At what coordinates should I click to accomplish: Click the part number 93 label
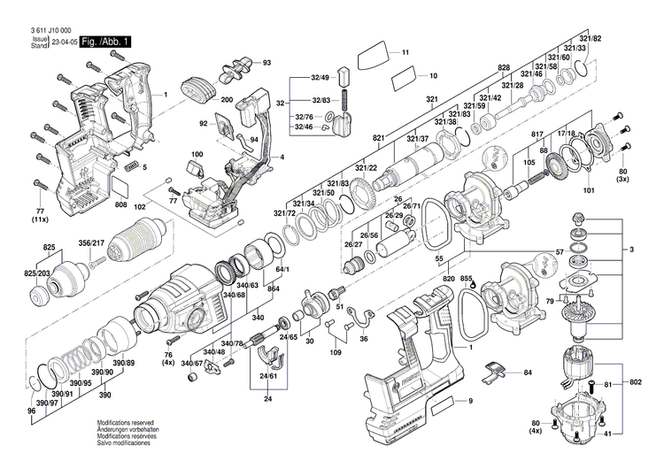click(266, 62)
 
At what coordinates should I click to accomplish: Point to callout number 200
click(227, 99)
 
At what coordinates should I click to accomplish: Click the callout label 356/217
click(91, 243)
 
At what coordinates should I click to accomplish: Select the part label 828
click(504, 68)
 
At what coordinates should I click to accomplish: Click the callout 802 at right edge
click(636, 382)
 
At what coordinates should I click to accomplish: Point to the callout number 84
click(528, 373)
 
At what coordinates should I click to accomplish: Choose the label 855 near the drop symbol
click(467, 278)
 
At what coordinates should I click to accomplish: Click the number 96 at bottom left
click(31, 412)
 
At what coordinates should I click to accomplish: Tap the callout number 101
click(589, 189)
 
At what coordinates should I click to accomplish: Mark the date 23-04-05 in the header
click(64, 42)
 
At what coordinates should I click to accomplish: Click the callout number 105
click(529, 163)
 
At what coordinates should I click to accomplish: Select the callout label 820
click(449, 277)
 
